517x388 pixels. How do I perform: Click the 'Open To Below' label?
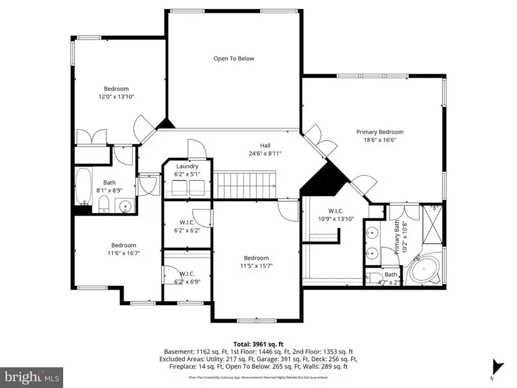tap(233, 59)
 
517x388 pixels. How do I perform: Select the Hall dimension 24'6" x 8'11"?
tap(265, 153)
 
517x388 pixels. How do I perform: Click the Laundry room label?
tap(187, 166)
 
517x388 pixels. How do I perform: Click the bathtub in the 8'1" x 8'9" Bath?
tap(84, 187)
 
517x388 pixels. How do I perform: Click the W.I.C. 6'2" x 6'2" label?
tap(187, 231)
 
